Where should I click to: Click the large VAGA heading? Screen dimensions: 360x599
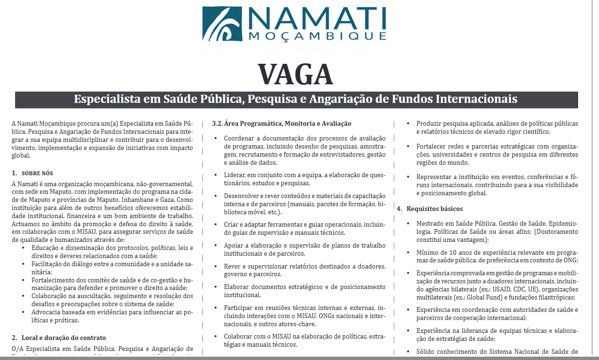[295, 74]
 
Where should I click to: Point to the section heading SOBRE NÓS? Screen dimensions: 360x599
[38, 173]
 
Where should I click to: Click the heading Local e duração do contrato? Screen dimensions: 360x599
[62, 338]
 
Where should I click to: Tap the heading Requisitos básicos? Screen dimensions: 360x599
[435, 209]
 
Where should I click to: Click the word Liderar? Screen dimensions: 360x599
[235, 175]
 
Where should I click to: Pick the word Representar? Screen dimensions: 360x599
[434, 176]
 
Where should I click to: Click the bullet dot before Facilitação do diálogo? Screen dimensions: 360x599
[24, 264]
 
